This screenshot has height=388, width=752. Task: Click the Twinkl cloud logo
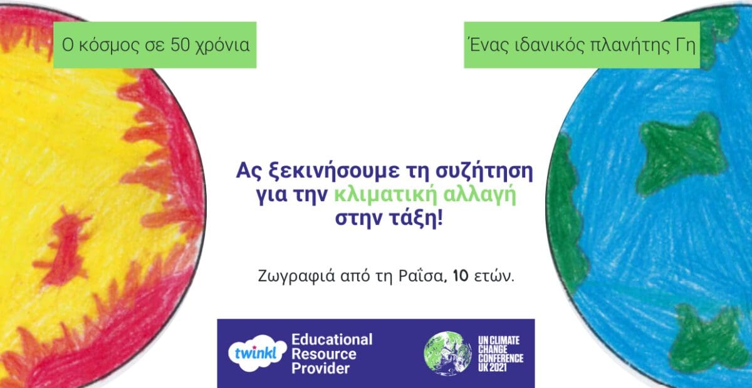tap(258, 354)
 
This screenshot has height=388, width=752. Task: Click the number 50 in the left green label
tap(180, 45)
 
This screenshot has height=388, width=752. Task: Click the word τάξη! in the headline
tap(416, 219)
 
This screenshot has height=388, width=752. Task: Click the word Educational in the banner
tap(332, 340)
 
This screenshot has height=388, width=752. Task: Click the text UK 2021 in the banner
tap(493, 367)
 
